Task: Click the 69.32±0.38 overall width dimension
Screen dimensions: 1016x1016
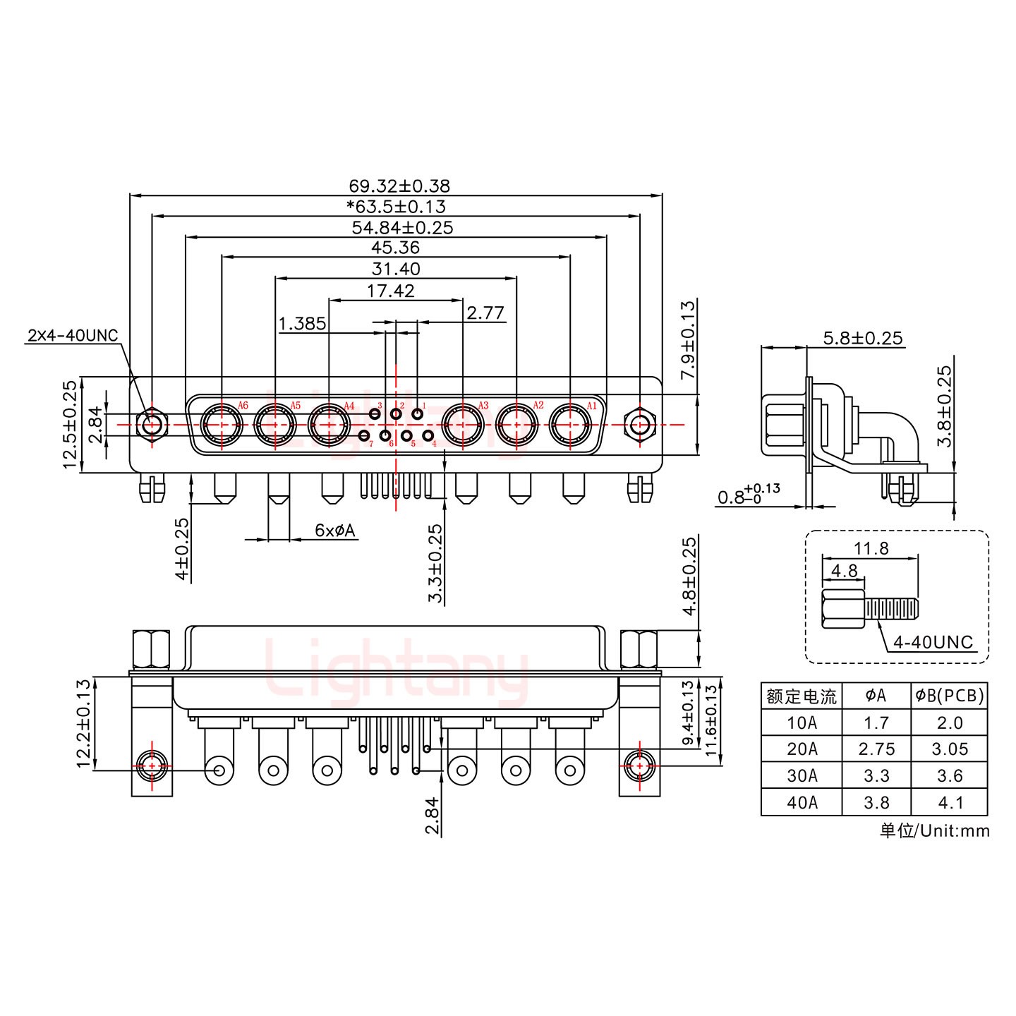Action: pyautogui.click(x=399, y=186)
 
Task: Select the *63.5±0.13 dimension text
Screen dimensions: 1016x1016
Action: pyautogui.click(x=396, y=207)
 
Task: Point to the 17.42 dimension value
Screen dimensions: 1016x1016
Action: pyautogui.click(x=390, y=290)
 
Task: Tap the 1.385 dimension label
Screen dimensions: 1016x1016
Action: pyautogui.click(x=302, y=323)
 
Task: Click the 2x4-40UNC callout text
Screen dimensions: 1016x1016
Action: pyautogui.click(x=73, y=335)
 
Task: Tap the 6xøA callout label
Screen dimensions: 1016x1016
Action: pyautogui.click(x=335, y=530)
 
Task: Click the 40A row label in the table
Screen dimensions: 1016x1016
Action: pyautogui.click(x=802, y=802)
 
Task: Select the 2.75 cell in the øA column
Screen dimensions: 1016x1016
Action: pyautogui.click(x=876, y=749)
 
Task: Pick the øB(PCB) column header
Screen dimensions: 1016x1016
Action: pyautogui.click(x=949, y=696)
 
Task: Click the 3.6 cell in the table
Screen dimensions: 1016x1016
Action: pyautogui.click(x=949, y=776)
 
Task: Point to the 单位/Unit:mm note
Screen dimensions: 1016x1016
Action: pyautogui.click(x=934, y=830)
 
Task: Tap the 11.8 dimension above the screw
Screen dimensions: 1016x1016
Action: pyautogui.click(x=871, y=548)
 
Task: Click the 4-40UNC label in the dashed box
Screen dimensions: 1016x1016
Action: pyautogui.click(x=933, y=642)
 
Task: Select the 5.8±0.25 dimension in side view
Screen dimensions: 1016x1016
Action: pyautogui.click(x=863, y=338)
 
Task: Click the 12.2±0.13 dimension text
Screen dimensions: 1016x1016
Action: pyautogui.click(x=83, y=723)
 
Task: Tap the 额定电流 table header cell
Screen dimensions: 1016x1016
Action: pyautogui.click(x=802, y=696)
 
